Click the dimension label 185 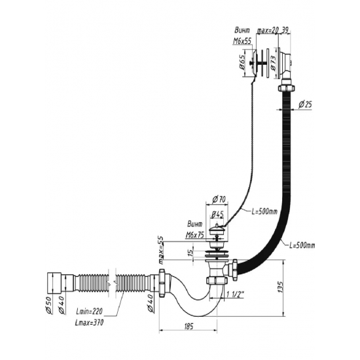[x=189, y=326]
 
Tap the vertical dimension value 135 [x=281, y=287]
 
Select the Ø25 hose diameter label [x=305, y=105]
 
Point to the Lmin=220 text [x=89, y=312]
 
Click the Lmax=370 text [x=89, y=323]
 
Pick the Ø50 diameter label [x=49, y=306]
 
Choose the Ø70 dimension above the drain [x=219, y=199]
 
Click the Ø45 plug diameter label [x=217, y=215]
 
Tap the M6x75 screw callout [x=194, y=235]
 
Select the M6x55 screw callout [x=242, y=41]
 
